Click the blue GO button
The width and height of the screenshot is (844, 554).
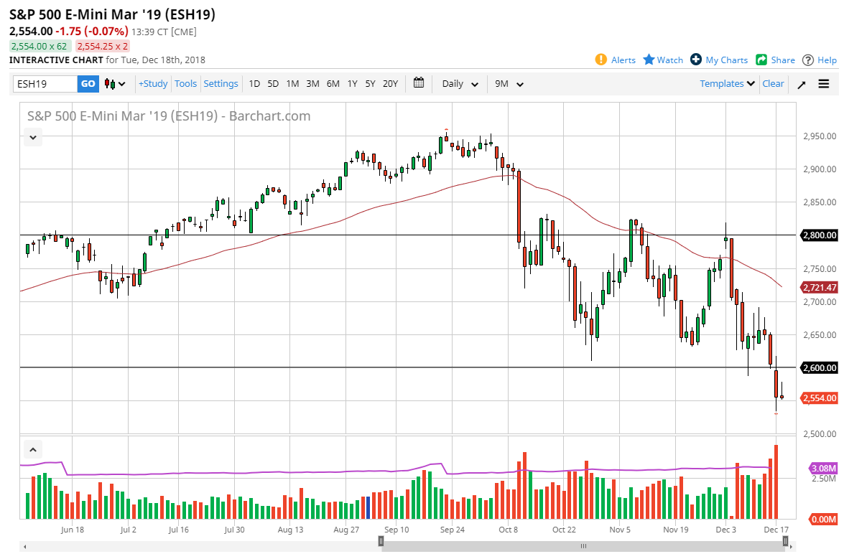[x=88, y=84]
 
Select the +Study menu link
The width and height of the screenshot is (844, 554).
[x=153, y=84]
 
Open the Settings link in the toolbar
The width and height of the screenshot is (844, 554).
[x=221, y=84]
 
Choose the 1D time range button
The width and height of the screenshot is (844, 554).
[x=254, y=84]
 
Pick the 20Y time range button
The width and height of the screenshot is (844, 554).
[x=390, y=84]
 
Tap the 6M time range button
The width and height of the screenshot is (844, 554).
[x=333, y=84]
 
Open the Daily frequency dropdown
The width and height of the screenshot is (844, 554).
[x=460, y=84]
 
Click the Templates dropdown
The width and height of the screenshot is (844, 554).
[x=727, y=84]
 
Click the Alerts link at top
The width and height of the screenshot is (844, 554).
[x=616, y=60]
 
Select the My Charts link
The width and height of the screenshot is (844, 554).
[x=719, y=60]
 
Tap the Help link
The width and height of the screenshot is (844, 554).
[x=820, y=60]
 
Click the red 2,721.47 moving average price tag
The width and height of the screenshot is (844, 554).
[x=819, y=288]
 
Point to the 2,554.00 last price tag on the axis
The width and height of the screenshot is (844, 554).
[x=819, y=398]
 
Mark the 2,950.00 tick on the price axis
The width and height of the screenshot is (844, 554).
[x=819, y=136]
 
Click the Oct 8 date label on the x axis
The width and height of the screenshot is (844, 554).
[x=508, y=530]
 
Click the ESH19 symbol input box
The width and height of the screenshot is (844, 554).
[x=45, y=84]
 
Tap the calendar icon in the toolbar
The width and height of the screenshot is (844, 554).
[x=419, y=83]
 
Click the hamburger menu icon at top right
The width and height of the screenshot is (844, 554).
[x=823, y=84]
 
